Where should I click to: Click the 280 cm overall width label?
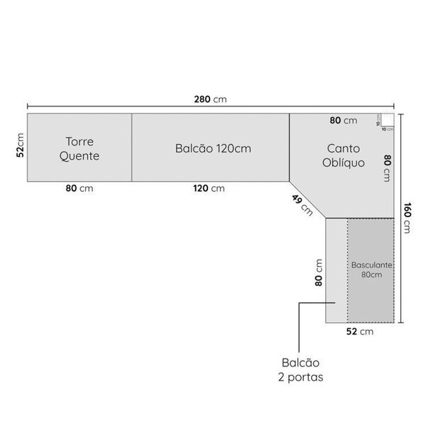coord(210,99)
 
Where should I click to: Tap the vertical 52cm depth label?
coord(21,147)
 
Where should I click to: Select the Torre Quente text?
coord(80,148)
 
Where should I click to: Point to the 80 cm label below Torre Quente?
coord(80,188)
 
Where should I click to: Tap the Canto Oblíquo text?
coord(344,155)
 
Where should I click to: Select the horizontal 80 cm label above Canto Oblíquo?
coord(344,121)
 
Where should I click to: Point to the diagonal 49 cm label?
coord(301,204)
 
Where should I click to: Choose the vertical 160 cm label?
coord(407,217)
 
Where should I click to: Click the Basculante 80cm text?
coord(371,269)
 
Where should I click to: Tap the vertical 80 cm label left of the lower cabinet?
coord(319,272)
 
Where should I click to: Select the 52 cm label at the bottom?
coord(360,331)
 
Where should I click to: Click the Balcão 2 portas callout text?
coord(302,370)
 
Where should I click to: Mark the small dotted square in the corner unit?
coord(386,120)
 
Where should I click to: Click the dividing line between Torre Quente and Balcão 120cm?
coord(132,147)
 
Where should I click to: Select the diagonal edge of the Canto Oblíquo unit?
coord(307,198)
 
